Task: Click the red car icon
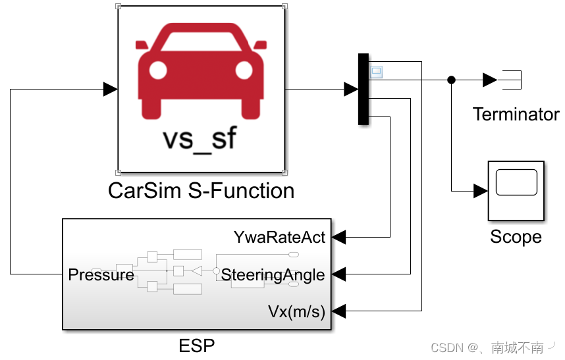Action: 201,72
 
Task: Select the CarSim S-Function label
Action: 201,191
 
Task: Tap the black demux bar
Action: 363,89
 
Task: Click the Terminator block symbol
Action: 511,80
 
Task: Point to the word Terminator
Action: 516,115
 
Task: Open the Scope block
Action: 516,191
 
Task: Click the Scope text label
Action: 516,237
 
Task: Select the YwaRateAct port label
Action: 279,237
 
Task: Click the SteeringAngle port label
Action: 273,274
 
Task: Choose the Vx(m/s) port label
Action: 296,311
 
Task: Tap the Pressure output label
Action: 101,274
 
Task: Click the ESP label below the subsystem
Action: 197,346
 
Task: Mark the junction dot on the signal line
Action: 451,80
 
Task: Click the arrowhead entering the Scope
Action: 480,191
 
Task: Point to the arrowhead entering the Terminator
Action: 489,80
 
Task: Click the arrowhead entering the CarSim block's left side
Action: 111,89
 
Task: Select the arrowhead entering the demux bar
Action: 351,89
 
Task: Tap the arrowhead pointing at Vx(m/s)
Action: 338,311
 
